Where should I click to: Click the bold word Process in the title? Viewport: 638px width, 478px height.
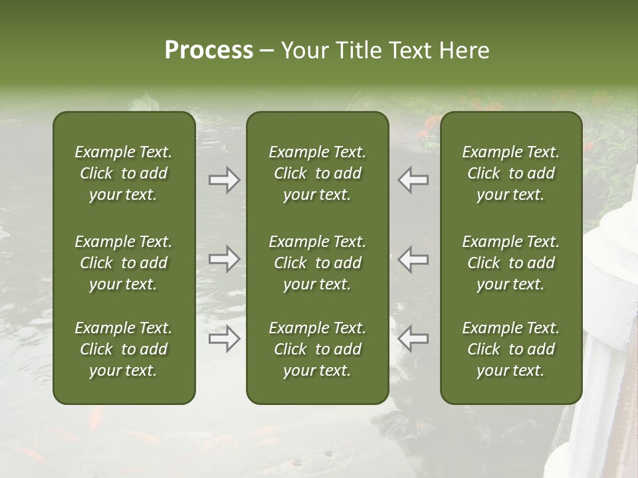(209, 50)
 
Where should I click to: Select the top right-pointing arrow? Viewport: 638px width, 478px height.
(225, 180)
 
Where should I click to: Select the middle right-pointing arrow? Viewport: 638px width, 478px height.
(225, 259)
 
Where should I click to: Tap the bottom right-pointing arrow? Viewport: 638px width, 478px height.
(225, 339)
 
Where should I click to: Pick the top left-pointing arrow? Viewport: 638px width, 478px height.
(413, 180)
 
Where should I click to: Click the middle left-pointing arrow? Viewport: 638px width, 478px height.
(413, 259)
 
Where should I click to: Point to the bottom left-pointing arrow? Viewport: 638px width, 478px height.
(413, 339)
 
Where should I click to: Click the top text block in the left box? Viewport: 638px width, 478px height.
(124, 173)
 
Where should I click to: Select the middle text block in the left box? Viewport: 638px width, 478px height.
(124, 263)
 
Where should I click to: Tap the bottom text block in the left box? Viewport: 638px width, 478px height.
(124, 349)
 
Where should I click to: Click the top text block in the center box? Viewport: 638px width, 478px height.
(317, 173)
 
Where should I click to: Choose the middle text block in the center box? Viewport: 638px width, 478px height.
(317, 263)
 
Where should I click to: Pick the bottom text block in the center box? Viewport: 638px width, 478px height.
(317, 349)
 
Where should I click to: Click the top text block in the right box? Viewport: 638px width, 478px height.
(510, 173)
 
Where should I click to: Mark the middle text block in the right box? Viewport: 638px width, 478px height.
(510, 263)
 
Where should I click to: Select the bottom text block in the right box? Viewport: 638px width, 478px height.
(510, 349)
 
